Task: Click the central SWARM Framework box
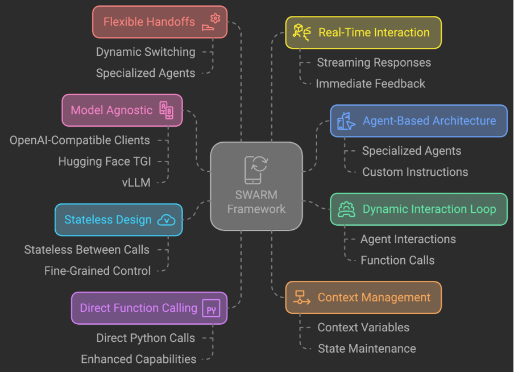tap(256, 186)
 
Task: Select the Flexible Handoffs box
tap(160, 22)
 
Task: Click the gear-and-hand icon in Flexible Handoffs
tap(212, 22)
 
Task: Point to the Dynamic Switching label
tap(146, 52)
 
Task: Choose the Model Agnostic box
tap(122, 110)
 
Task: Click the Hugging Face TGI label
tap(105, 162)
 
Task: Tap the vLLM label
tap(137, 183)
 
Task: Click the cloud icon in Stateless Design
tap(167, 220)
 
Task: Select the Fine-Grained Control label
tap(97, 271)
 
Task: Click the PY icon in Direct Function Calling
tap(212, 309)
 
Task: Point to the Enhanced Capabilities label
tap(139, 359)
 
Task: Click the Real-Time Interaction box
tap(363, 32)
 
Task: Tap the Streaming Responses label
tap(374, 63)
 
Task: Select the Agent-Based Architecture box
tap(418, 121)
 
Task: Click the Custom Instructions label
tap(415, 172)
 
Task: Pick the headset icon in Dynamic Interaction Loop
tap(346, 209)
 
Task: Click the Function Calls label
tap(397, 260)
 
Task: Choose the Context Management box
tap(363, 297)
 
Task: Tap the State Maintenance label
tap(367, 348)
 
